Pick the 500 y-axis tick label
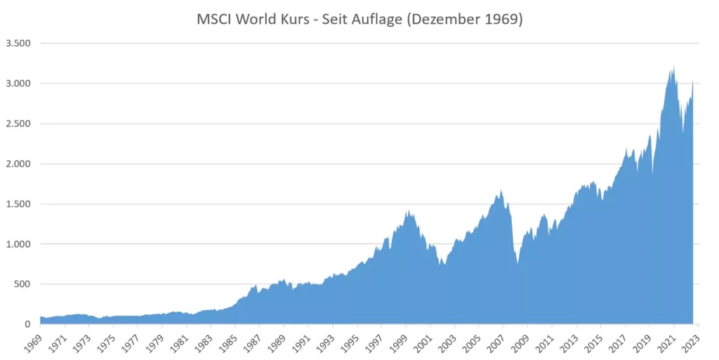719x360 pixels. (23, 284)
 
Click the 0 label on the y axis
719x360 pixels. (29, 324)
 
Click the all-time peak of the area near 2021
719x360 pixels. (674, 67)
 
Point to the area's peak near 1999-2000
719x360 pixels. (407, 211)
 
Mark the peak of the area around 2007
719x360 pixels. (501, 190)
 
